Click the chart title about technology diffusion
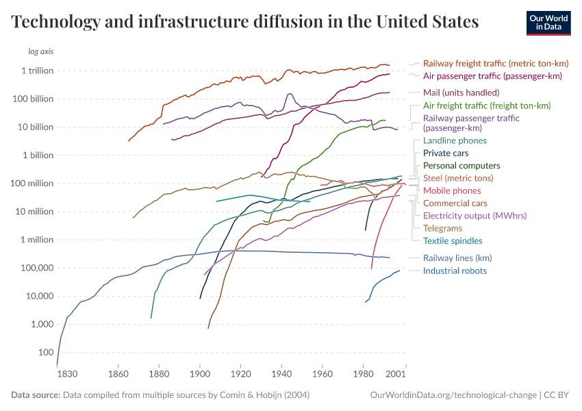[245, 22]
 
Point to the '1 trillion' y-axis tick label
[37, 71]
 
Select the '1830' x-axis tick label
[67, 375]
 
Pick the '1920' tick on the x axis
[240, 375]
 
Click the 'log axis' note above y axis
[40, 52]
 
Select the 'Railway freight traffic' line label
[496, 63]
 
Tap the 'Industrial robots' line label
[455, 271]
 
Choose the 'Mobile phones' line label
[452, 190]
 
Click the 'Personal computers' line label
[461, 166]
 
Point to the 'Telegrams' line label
[442, 228]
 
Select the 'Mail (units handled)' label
[461, 92]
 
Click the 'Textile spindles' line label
[453, 240]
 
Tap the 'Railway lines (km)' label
[457, 258]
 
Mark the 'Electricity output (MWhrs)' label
[475, 216]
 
